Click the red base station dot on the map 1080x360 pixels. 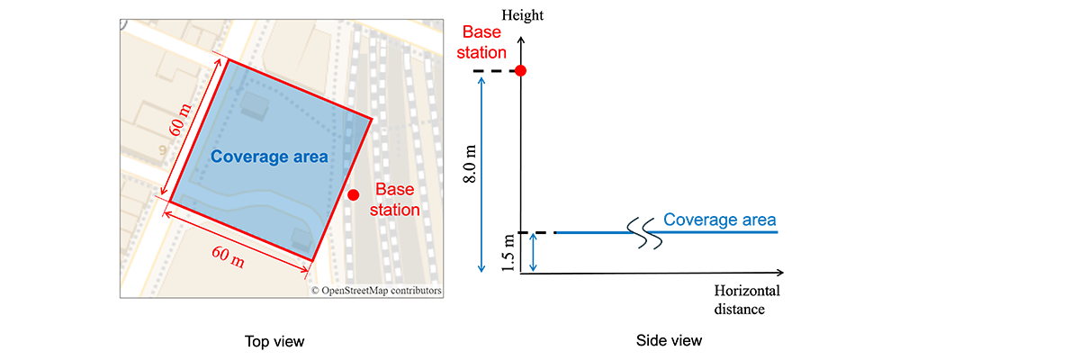[x=354, y=194]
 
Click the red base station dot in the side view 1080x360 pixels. [x=520, y=70]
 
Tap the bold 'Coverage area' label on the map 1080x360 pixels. [x=269, y=157]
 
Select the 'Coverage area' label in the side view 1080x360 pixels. [x=719, y=220]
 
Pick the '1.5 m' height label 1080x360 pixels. [x=510, y=253]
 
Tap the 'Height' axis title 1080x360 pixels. [x=523, y=16]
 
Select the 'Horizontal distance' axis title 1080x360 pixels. [x=746, y=300]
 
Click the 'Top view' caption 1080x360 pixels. [x=274, y=341]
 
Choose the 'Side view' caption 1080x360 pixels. [x=670, y=341]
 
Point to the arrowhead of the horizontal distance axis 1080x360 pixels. [x=780, y=272]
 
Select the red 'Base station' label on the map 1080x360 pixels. [x=397, y=200]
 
